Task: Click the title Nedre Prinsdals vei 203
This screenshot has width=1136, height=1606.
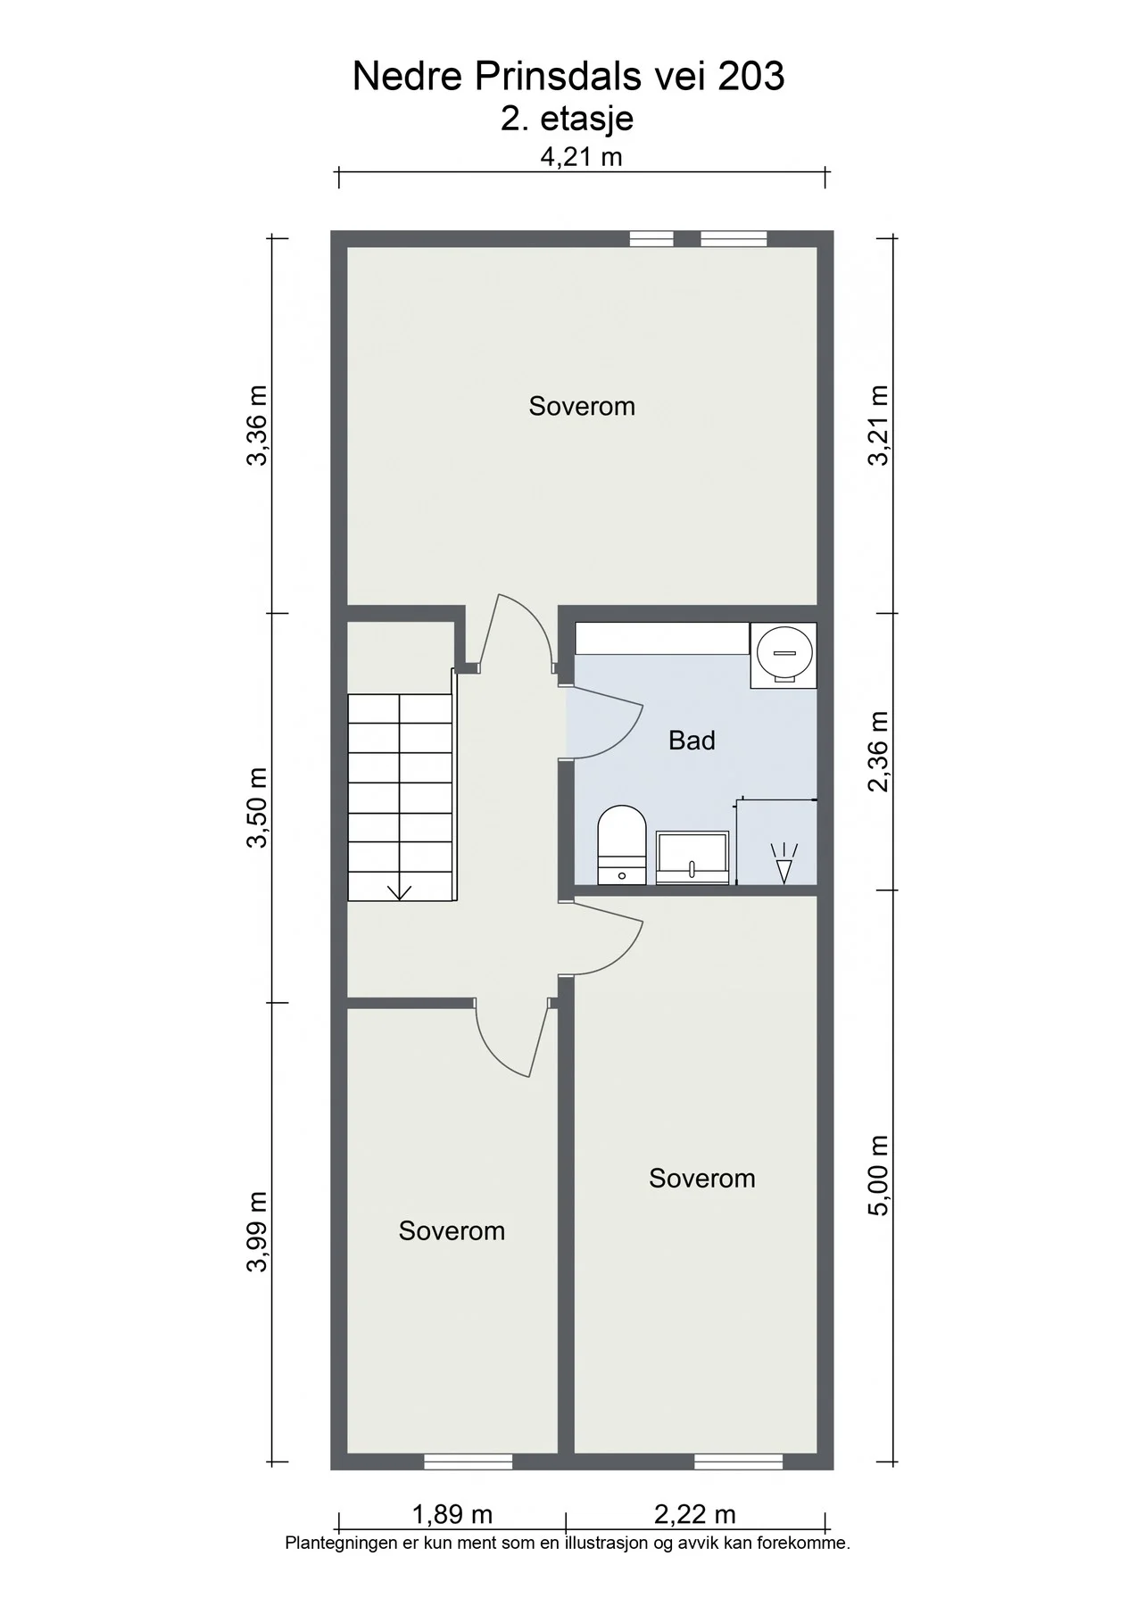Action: coord(568,77)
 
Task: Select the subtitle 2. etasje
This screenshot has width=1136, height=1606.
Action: coord(567,119)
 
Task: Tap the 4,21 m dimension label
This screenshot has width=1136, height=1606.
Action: coord(581,157)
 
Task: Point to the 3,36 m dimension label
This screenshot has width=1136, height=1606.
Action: coord(256,426)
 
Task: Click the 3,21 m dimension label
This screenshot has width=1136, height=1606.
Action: coord(879,425)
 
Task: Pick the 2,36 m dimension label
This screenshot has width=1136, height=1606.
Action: coord(879,751)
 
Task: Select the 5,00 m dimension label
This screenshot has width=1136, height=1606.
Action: coord(879,1175)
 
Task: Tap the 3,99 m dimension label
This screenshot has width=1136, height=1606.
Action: coord(256,1232)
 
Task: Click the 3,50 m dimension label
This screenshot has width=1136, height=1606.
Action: coord(256,807)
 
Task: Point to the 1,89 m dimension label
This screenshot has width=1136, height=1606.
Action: coord(452,1514)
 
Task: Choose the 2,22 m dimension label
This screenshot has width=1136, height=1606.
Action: coord(695,1514)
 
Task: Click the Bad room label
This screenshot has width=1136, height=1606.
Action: coord(692,741)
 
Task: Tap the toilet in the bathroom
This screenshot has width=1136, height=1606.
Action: coord(621,844)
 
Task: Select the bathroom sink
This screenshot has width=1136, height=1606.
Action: coord(692,857)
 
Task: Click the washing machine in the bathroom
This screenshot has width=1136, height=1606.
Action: coord(784,655)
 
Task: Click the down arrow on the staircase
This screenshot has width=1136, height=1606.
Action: coord(399,890)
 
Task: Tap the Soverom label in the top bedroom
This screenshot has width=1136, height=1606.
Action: coord(582,406)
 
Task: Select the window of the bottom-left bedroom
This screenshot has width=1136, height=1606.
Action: coord(468,1461)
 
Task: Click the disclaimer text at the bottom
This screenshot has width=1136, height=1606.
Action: coord(568,1543)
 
